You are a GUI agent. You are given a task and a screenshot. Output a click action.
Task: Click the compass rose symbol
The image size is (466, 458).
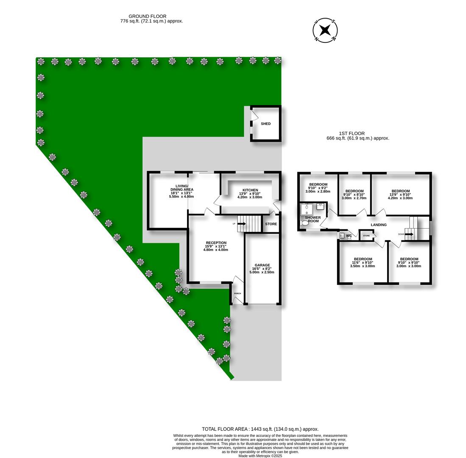(325, 30)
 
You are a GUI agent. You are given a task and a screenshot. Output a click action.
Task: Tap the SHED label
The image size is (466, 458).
(266, 124)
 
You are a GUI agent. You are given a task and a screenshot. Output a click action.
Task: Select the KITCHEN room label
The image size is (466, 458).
(250, 190)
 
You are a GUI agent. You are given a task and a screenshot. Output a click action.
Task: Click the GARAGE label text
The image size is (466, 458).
(262, 265)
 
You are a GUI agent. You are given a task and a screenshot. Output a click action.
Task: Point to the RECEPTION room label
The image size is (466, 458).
(216, 243)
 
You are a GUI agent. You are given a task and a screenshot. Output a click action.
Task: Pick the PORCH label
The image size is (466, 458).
(237, 293)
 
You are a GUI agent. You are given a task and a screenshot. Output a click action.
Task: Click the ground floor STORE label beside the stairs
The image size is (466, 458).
(271, 224)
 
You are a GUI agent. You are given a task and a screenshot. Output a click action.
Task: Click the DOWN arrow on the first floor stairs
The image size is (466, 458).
(408, 234)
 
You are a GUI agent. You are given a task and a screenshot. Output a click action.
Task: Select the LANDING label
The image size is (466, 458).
(379, 225)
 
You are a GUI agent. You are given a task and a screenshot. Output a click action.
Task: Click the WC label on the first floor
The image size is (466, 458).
(349, 236)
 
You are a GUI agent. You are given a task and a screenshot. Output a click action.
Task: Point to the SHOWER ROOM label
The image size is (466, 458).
(313, 219)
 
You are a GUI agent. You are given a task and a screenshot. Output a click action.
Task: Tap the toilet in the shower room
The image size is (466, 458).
(304, 223)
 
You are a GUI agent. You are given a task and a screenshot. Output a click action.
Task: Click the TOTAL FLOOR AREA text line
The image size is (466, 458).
(260, 429)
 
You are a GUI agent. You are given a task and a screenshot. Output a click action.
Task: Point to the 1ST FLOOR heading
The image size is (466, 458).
(352, 134)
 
